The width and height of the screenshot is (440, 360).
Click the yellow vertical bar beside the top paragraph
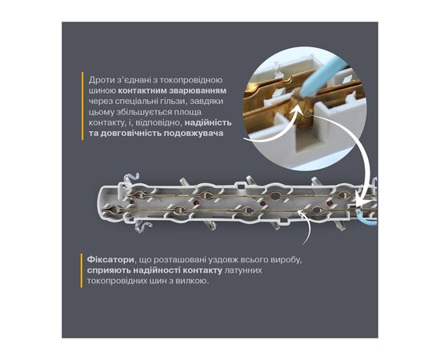[82, 106]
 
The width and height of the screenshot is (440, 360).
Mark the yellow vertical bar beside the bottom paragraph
[82, 270]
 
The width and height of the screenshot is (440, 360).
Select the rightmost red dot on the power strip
[330, 202]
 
